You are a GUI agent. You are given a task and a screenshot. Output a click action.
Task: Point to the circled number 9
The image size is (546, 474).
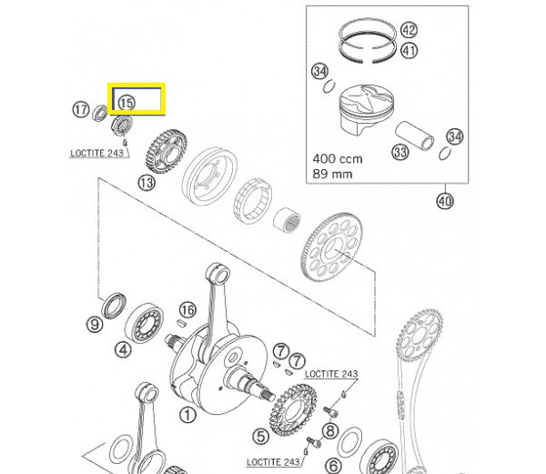point(93,324)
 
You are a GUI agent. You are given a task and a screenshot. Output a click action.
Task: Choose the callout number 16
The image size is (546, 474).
point(187,310)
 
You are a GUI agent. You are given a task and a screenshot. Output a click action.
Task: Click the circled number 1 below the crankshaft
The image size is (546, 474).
point(187,417)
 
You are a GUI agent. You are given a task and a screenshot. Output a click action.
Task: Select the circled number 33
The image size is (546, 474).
point(399,151)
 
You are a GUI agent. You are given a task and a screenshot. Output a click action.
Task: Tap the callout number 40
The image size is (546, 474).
point(444,200)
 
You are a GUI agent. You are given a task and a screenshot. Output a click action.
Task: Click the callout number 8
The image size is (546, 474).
point(330,430)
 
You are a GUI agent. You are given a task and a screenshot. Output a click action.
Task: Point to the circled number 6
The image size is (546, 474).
point(333,465)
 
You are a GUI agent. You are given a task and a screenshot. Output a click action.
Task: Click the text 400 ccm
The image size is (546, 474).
point(337,157)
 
